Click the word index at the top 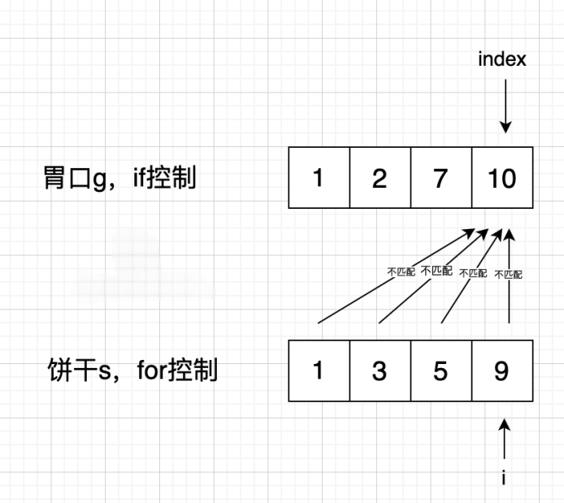tap(501, 59)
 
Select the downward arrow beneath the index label tap(505, 106)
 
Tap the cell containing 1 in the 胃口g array tap(319, 178)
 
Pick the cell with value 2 tap(380, 178)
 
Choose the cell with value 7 tap(440, 178)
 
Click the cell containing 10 tap(502, 178)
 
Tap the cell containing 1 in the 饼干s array tap(319, 371)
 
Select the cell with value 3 tap(380, 371)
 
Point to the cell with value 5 tap(440, 371)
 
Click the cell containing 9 tap(502, 371)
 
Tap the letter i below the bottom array tap(504, 477)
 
